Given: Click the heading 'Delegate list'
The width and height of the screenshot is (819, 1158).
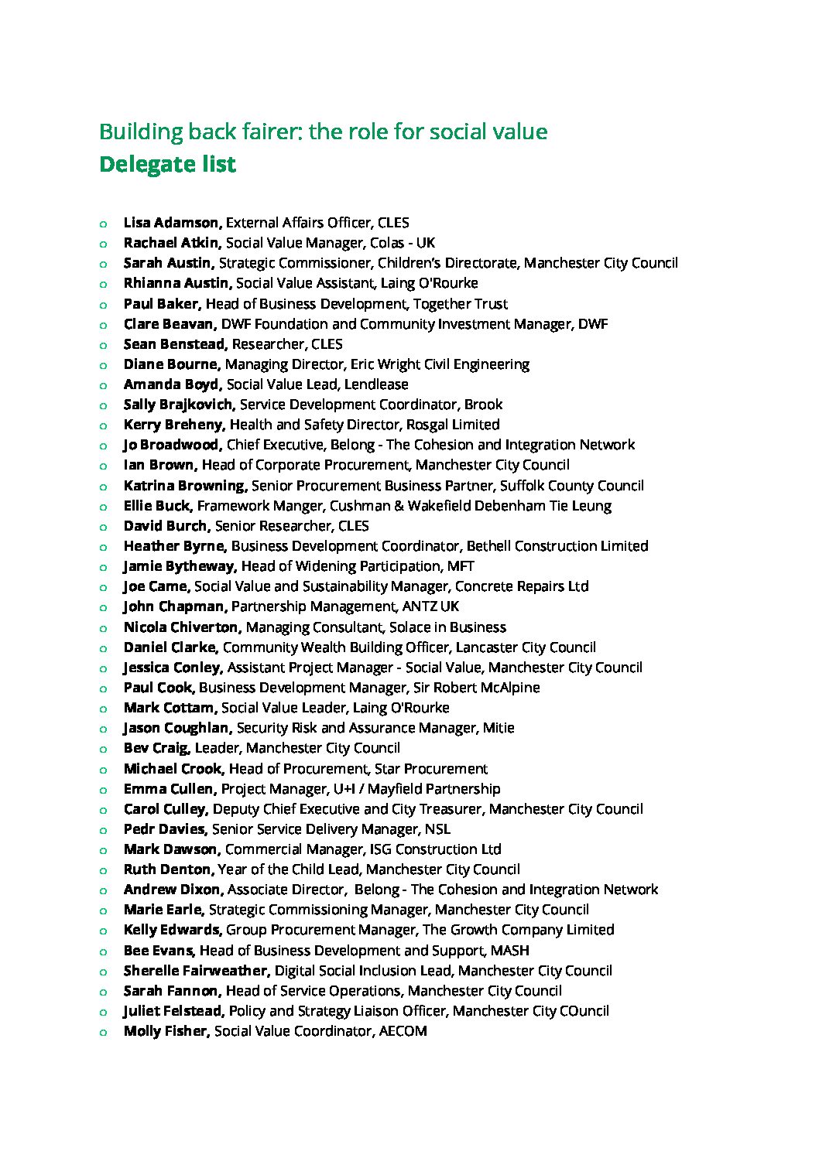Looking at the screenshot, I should click(x=167, y=165).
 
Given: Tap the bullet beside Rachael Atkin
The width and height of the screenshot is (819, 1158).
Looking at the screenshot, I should click(x=103, y=244).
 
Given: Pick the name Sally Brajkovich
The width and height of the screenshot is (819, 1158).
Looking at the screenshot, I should click(x=178, y=405).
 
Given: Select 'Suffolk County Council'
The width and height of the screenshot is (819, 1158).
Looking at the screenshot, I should click(x=571, y=486).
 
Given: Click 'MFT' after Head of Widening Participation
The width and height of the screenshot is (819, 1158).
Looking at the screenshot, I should click(x=461, y=566).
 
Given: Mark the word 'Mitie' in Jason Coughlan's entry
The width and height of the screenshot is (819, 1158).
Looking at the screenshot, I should click(x=499, y=728).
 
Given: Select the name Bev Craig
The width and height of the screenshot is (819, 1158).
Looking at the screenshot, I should click(x=156, y=748).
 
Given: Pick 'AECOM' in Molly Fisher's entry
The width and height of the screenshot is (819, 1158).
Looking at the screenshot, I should click(x=403, y=1031).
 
